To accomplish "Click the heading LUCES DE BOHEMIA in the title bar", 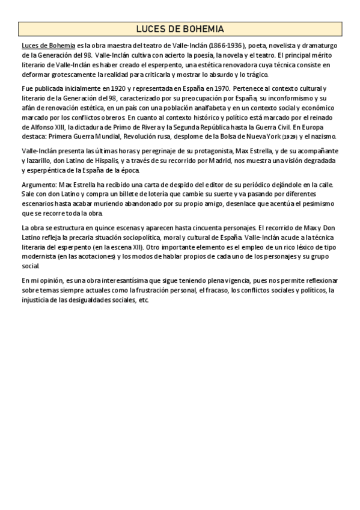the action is (180, 29).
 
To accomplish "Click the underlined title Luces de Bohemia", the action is (48, 46).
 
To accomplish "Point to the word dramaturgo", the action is (319, 46).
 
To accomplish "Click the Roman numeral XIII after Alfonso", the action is (60, 127).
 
